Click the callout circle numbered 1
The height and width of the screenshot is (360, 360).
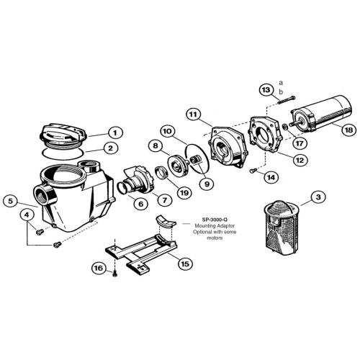(x=113, y=132)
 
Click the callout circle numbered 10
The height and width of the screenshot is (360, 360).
(x=166, y=132)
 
